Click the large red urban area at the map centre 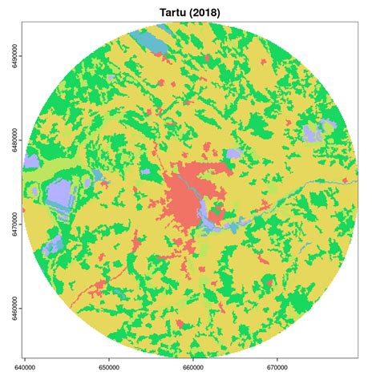188,192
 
